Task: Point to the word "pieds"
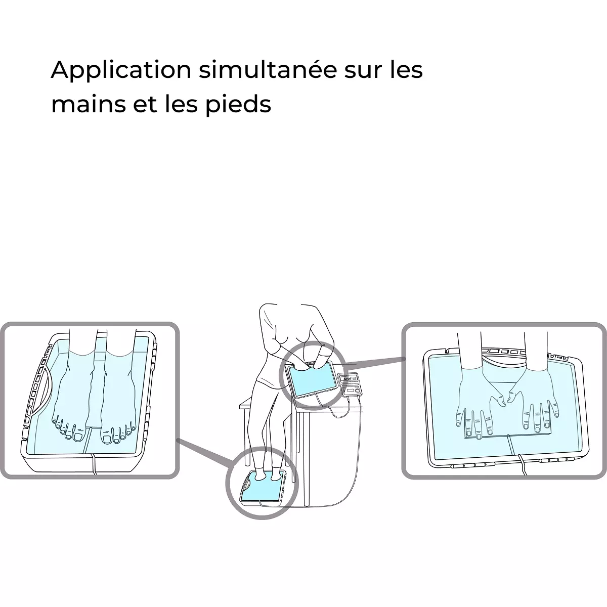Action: [238, 104]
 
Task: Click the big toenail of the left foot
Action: [77, 437]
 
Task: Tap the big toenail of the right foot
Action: [106, 439]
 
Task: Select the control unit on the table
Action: [350, 384]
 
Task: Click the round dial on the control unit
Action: [357, 391]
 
